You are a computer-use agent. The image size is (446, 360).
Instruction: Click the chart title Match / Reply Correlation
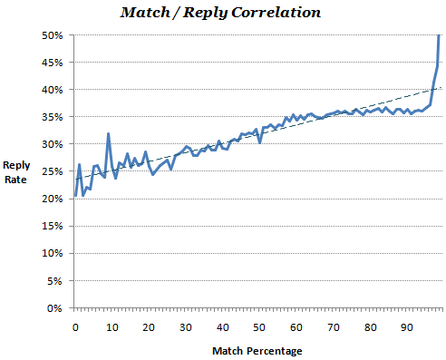[x=222, y=15]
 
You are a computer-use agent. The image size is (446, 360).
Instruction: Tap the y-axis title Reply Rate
[x=17, y=171]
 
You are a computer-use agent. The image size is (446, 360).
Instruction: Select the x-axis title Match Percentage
[x=257, y=349]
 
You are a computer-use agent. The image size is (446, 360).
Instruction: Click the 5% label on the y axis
[x=53, y=280]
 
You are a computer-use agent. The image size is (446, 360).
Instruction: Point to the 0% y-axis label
[x=53, y=307]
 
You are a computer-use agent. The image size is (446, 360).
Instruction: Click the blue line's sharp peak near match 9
[x=109, y=134]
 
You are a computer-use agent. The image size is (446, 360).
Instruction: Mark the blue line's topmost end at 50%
[x=440, y=35]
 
